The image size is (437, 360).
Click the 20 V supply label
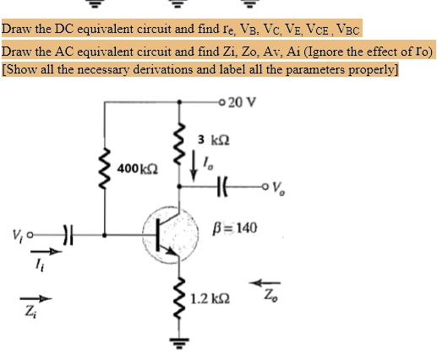click(242, 102)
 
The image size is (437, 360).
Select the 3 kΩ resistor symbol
click(179, 144)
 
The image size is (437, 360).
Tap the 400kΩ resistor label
click(138, 169)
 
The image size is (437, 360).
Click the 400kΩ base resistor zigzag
click(105, 169)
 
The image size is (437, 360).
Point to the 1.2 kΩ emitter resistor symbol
click(179, 299)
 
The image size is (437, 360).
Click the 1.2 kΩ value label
click(210, 298)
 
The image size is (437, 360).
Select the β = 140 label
click(235, 228)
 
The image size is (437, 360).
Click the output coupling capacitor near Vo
click(222, 186)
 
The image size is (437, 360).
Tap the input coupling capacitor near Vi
click(68, 235)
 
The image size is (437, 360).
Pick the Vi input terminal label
click(18, 234)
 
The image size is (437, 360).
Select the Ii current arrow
click(46, 251)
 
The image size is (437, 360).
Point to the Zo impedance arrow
click(265, 282)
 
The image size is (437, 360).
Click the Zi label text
click(30, 312)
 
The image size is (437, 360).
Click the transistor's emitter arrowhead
click(171, 250)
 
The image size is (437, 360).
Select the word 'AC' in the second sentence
click(64, 52)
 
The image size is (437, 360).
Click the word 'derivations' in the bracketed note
click(163, 69)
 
